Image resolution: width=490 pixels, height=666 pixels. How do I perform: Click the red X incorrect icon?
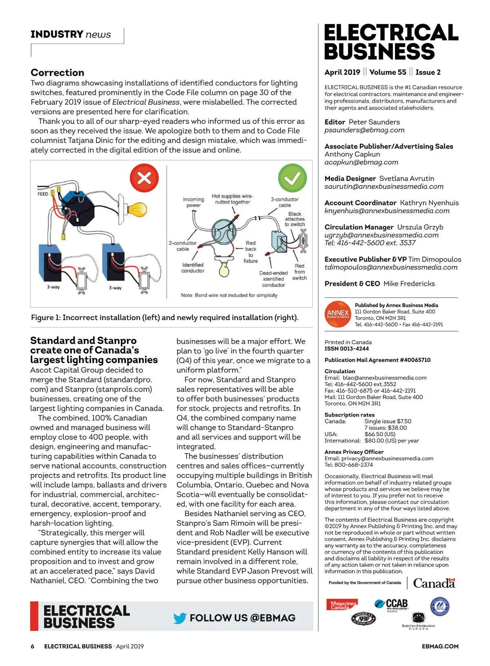pyautogui.click(x=144, y=178)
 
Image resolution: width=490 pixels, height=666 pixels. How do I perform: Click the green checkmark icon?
pyautogui.click(x=292, y=178)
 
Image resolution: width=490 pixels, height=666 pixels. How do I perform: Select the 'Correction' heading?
pyautogui.click(x=58, y=73)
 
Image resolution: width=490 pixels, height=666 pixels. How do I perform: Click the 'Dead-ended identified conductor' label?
pyautogui.click(x=273, y=279)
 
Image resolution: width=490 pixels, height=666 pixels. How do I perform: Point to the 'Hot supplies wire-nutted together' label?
pyautogui.click(x=232, y=199)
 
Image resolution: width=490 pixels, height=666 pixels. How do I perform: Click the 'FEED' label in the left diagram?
pyautogui.click(x=42, y=194)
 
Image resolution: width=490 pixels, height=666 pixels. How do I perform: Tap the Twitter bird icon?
pyautogui.click(x=180, y=618)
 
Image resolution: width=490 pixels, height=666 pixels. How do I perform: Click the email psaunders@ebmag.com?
pyautogui.click(x=364, y=130)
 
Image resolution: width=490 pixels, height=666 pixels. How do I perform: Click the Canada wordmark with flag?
pyautogui.click(x=434, y=583)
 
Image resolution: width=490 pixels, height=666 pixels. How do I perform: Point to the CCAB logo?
pyautogui.click(x=392, y=604)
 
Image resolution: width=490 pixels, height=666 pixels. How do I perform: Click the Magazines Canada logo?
pyautogui.click(x=342, y=605)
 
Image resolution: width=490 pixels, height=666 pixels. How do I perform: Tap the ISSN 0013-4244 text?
pyautogui.click(x=347, y=349)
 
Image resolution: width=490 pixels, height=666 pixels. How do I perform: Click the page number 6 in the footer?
pyautogui.click(x=33, y=646)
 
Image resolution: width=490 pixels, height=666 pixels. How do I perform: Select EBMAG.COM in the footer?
pyautogui.click(x=440, y=646)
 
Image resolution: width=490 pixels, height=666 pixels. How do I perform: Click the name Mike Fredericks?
pyautogui.click(x=409, y=284)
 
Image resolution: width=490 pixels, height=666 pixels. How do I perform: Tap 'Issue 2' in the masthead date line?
pyautogui.click(x=428, y=72)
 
